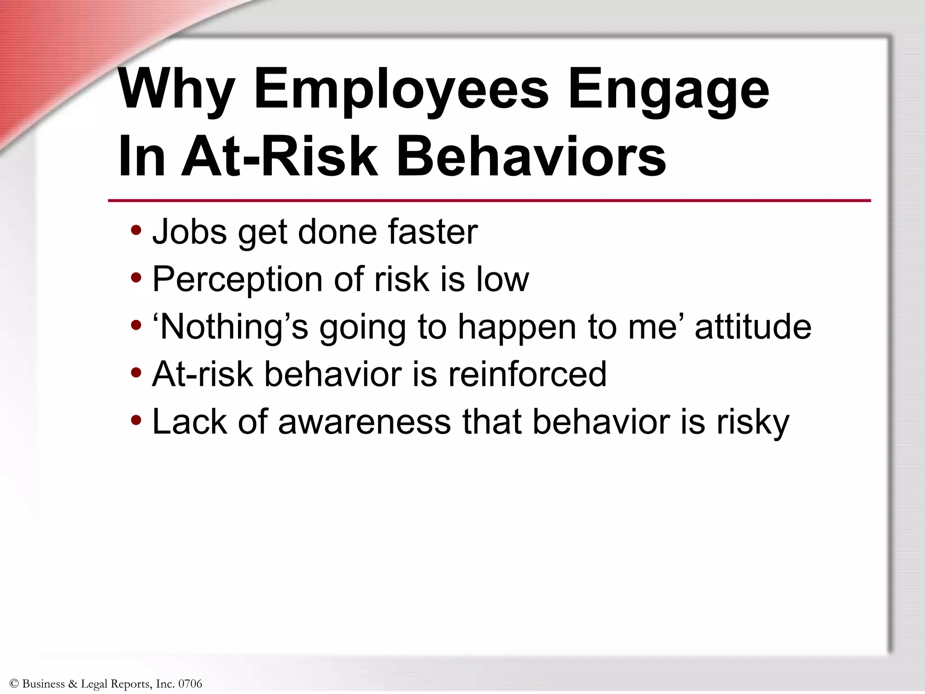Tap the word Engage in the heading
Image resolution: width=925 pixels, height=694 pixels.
click(x=668, y=90)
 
